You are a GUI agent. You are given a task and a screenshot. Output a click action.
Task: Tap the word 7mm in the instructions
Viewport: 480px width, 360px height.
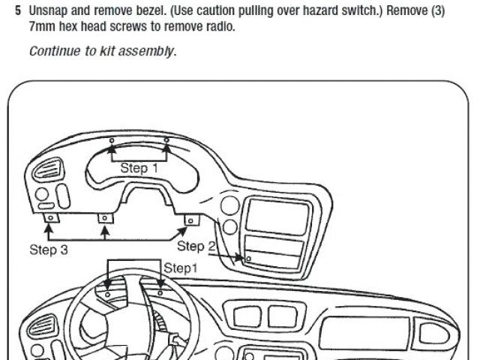(x=42, y=27)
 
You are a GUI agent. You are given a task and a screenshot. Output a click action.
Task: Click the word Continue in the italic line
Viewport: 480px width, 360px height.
(x=54, y=52)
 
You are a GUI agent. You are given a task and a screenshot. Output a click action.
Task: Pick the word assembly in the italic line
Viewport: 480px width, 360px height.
(x=151, y=52)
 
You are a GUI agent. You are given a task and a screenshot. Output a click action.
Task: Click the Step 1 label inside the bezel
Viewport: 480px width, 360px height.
(x=139, y=169)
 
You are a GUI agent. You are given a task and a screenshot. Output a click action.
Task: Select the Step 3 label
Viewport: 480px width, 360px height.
(x=49, y=250)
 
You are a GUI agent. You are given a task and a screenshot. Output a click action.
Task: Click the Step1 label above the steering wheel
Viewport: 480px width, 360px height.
(x=181, y=268)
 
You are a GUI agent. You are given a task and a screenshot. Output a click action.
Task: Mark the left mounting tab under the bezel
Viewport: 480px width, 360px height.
(x=49, y=219)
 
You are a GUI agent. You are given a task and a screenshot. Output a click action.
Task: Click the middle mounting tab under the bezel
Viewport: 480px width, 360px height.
(x=105, y=218)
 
